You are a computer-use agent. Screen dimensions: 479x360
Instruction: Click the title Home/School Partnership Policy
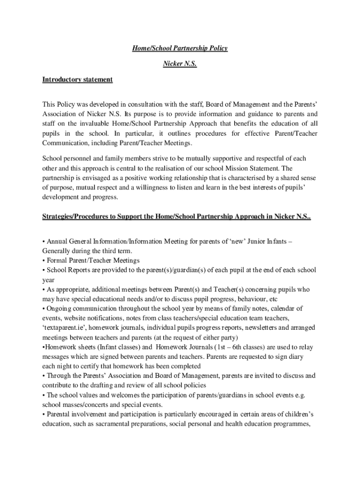point(180,48)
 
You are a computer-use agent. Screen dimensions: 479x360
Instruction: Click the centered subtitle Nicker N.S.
point(180,64)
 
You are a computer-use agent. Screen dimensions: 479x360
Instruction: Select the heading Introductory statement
point(77,80)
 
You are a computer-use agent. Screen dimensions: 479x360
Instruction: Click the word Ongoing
point(58,308)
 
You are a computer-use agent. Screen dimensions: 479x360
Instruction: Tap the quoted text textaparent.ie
point(62,328)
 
